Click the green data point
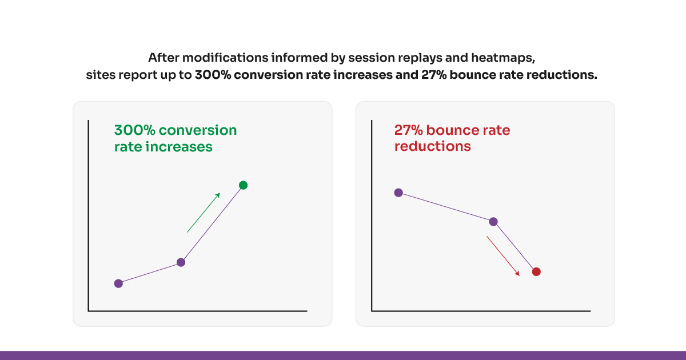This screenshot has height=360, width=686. click(243, 185)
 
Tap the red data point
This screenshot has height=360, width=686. click(536, 271)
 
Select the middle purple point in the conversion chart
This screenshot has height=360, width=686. click(181, 262)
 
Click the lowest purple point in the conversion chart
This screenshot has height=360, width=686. click(118, 283)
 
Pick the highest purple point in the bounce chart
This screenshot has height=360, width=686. click(398, 193)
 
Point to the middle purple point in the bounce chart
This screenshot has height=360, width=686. click(493, 222)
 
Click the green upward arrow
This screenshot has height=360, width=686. click(204, 213)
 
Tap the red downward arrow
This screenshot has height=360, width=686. click(503, 256)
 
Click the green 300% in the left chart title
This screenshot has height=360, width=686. click(135, 130)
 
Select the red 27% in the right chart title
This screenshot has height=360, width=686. click(409, 130)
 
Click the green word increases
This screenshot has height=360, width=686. click(179, 147)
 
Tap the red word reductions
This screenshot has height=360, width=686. click(432, 146)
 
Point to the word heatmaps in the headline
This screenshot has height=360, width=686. click(503, 58)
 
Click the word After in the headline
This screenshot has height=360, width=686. click(164, 58)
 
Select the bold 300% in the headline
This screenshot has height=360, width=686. click(213, 75)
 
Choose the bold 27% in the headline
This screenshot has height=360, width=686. click(434, 75)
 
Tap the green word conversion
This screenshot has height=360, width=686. click(198, 130)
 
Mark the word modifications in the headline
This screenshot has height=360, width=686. click(225, 58)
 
